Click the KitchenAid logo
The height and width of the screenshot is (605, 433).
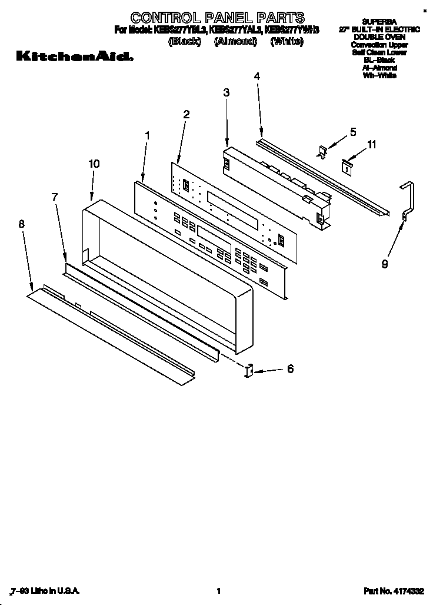(74, 57)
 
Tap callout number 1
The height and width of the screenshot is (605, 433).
(147, 135)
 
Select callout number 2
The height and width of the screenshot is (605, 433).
(186, 114)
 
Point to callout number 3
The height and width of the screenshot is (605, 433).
(227, 92)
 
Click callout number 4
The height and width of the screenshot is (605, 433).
(257, 76)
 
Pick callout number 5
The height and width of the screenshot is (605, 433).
(353, 132)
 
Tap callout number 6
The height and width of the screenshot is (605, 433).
(289, 369)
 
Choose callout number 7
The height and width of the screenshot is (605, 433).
(55, 197)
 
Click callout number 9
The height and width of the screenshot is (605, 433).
(385, 264)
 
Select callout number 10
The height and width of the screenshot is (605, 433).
(94, 164)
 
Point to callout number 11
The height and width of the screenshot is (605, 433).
(371, 144)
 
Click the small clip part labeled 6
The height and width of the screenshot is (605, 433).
(248, 371)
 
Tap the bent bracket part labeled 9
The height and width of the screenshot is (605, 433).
(408, 200)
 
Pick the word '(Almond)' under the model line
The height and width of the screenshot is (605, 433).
(235, 41)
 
